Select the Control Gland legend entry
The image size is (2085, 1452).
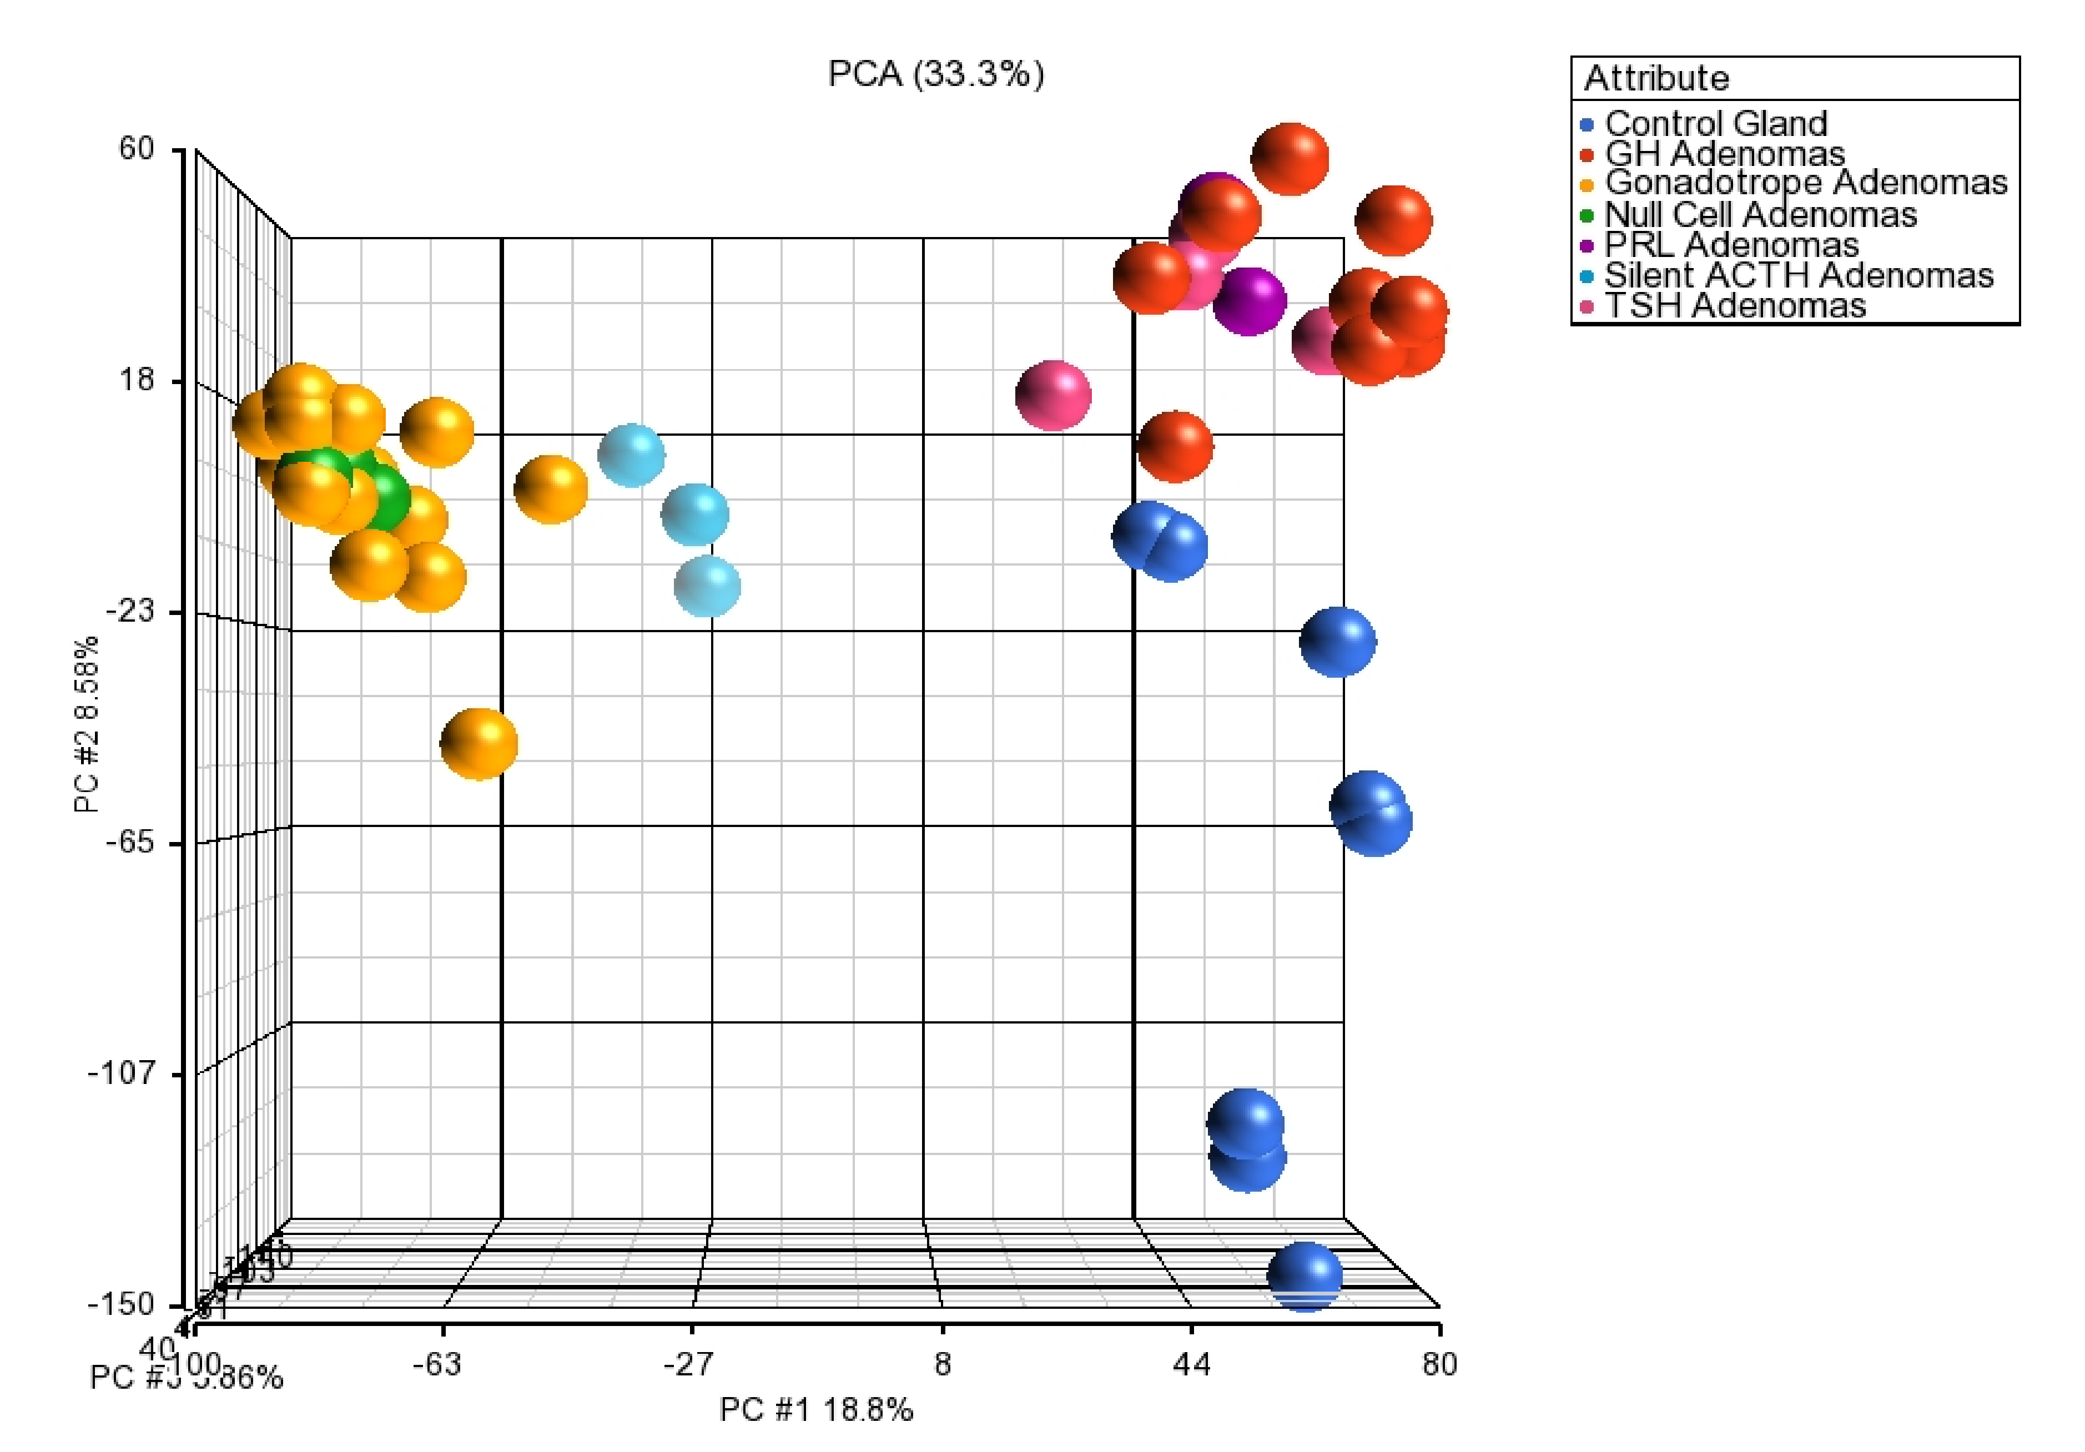tap(1715, 123)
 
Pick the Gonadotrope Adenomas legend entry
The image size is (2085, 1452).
tap(1805, 183)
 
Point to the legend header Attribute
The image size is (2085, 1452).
tap(1656, 78)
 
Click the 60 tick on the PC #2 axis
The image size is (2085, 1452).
tap(137, 148)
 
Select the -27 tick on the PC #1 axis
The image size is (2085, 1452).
tap(687, 1364)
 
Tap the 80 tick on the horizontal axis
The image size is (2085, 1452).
tap(1439, 1364)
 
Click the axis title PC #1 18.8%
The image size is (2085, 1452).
tap(815, 1409)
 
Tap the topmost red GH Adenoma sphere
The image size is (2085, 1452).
tap(1290, 159)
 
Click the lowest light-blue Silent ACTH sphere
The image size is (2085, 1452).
tap(707, 586)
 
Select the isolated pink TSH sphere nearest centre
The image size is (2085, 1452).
tap(1052, 395)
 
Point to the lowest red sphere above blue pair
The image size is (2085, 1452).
tap(1175, 446)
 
